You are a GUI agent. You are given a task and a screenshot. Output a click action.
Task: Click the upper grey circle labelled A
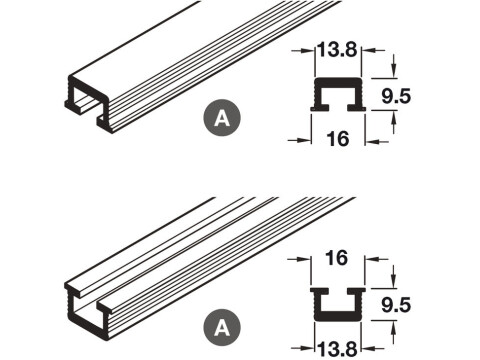pos(222,117)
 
